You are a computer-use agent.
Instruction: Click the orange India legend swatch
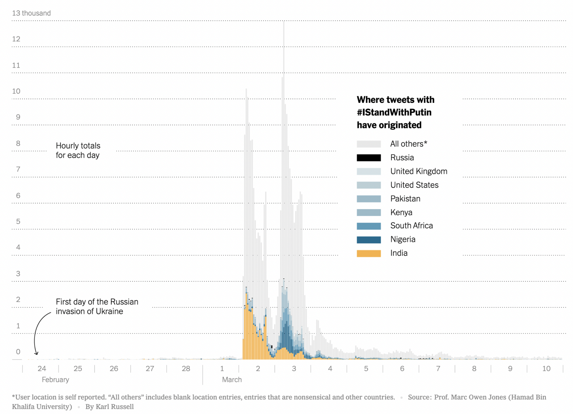pyautogui.click(x=369, y=253)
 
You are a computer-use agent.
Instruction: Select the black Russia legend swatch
pyautogui.click(x=369, y=158)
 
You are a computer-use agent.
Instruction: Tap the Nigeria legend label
pyautogui.click(x=403, y=239)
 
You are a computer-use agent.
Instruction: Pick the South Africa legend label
pyautogui.click(x=411, y=226)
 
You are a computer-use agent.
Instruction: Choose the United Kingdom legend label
pyautogui.click(x=419, y=171)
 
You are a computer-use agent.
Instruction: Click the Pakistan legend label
pyautogui.click(x=405, y=199)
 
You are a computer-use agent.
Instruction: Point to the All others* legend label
pyautogui.click(x=409, y=144)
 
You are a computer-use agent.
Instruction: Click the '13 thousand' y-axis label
pyautogui.click(x=31, y=13)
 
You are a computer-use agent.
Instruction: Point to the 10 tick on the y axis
pyautogui.click(x=16, y=91)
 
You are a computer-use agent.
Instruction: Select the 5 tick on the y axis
pyautogui.click(x=18, y=221)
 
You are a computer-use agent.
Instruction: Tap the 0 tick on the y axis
pyautogui.click(x=18, y=352)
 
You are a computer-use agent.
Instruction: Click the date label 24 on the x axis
pyautogui.click(x=42, y=368)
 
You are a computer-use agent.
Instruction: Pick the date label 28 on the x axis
pyautogui.click(x=186, y=368)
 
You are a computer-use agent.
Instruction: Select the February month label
pyautogui.click(x=55, y=379)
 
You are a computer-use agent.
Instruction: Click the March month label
pyautogui.click(x=232, y=379)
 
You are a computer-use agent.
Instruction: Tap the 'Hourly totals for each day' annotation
pyautogui.click(x=78, y=150)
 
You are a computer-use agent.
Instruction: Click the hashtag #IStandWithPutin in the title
pyautogui.click(x=394, y=112)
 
